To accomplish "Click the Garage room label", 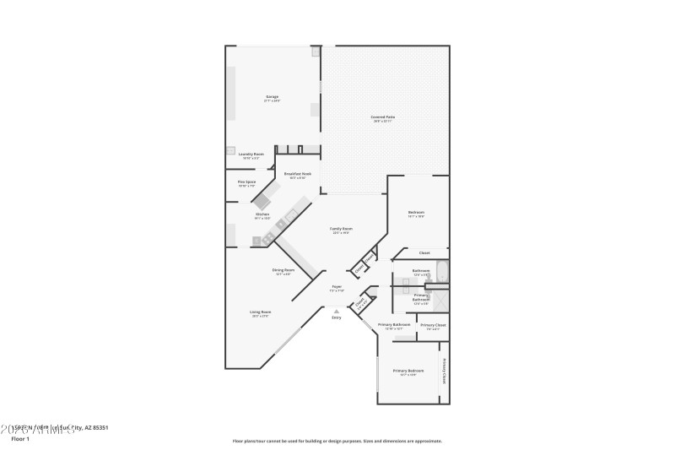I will tap(273, 97).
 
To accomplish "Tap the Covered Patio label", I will tap(384, 117).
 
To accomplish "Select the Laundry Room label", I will tap(251, 154).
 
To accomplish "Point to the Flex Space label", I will tap(246, 182).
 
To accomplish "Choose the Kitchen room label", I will tap(262, 214).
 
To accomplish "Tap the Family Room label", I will tap(341, 229).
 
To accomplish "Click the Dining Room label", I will tap(283, 270).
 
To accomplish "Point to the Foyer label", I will tap(336, 287).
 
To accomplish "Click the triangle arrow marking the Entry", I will tap(336, 310).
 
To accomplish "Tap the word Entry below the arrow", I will tap(336, 317).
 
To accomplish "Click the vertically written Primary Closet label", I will tap(444, 371).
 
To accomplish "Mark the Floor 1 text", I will tap(19, 439).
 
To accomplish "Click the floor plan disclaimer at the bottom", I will tap(337, 441).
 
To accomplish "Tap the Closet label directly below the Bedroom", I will tap(424, 252).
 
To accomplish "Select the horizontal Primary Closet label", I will tap(434, 325).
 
